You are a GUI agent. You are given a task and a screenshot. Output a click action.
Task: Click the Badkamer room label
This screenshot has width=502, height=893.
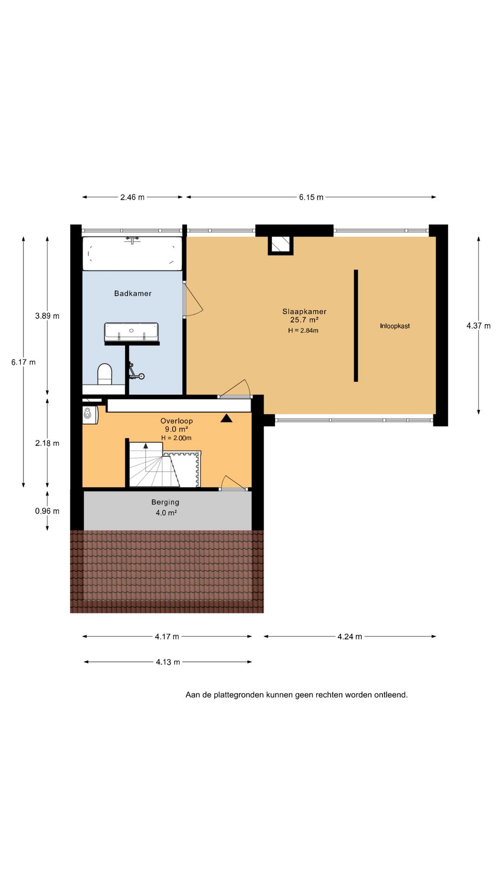click(133, 293)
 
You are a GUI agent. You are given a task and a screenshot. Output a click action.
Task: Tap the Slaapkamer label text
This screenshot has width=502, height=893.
click(304, 312)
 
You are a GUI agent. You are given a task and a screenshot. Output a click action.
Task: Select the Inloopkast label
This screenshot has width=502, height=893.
click(395, 326)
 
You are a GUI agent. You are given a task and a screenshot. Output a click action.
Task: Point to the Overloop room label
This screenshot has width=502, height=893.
click(177, 421)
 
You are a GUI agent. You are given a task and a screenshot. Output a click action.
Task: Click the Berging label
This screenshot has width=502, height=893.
click(165, 502)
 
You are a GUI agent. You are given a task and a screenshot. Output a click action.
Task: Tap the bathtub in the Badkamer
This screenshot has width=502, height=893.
click(132, 253)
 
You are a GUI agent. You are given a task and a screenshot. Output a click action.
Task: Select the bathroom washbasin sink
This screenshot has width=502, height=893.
click(132, 332)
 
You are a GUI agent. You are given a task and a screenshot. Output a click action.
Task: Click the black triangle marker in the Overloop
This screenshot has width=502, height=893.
click(226, 418)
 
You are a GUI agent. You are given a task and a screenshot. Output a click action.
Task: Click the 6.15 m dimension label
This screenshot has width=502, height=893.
click(311, 197)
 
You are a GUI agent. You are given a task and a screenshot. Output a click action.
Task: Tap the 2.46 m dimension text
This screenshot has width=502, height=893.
click(132, 197)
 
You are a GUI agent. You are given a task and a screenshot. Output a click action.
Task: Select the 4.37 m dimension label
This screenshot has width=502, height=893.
click(478, 326)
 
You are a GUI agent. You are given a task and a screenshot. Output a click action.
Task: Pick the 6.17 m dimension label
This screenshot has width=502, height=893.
click(23, 362)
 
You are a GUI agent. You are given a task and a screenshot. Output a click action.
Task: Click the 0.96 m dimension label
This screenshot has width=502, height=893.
click(47, 511)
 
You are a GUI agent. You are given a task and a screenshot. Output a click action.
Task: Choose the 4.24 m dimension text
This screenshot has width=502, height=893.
click(350, 637)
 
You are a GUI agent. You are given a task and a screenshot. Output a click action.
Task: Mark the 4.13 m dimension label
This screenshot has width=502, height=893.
click(168, 662)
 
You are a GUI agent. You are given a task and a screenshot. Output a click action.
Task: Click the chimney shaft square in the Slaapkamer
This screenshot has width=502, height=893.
click(280, 245)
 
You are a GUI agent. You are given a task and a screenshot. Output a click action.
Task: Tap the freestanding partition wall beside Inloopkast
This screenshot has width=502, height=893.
click(356, 326)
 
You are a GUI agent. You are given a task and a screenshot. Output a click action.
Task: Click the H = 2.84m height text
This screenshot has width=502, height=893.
click(303, 331)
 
